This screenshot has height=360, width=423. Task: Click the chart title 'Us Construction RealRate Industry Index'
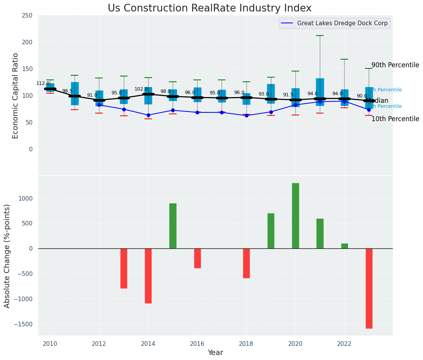pos(209,8)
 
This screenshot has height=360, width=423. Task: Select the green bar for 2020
pos(295,216)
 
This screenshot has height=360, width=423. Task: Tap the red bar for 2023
pos(369,289)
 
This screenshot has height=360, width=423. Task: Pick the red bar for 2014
pos(148,276)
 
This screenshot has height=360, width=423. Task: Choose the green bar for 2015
pos(173,226)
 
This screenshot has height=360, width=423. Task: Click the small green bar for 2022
pos(345,246)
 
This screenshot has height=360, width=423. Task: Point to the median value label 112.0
pos(43,83)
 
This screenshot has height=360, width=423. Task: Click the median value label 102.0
pos(141,89)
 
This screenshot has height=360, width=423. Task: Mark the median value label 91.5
pos(288,95)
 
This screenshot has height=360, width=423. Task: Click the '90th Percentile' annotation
pos(395,65)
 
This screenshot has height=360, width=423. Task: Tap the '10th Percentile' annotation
pos(395,119)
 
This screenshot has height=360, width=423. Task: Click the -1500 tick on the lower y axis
pos(24,324)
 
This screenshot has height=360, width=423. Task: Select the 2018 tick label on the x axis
pos(246,344)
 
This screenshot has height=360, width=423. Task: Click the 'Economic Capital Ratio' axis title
pos(15,96)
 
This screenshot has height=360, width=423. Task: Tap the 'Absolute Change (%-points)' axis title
pos(7,256)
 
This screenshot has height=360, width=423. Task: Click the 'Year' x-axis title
pos(216,353)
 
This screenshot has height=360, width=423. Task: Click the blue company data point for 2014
pos(148,115)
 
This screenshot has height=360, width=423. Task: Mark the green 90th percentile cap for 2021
pos(320,36)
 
